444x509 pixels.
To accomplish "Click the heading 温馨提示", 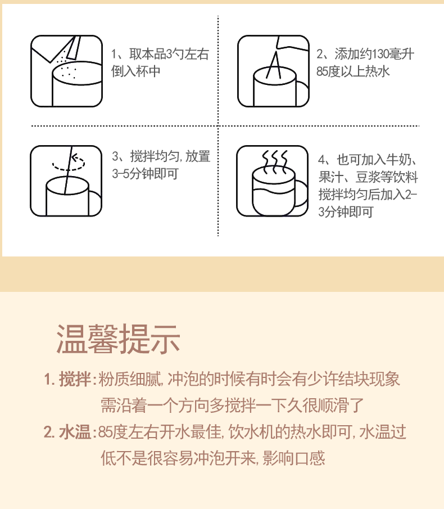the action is click(118, 339).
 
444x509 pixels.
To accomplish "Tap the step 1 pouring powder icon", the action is click(66, 71).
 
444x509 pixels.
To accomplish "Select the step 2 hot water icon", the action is click(273, 71).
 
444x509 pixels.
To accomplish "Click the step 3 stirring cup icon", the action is click(66, 181).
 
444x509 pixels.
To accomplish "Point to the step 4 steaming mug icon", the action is click(273, 181).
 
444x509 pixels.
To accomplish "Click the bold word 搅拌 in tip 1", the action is click(75, 379).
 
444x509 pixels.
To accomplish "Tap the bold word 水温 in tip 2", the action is click(75, 432).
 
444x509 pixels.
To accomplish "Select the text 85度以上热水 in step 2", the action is click(353, 71).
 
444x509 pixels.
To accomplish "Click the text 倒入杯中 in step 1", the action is click(136, 71).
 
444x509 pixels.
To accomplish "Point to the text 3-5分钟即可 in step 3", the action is click(145, 174).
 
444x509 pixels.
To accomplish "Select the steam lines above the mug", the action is click(275, 158).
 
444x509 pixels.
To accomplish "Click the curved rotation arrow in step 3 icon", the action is click(69, 163).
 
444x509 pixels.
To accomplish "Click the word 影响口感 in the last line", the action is click(293, 458).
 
